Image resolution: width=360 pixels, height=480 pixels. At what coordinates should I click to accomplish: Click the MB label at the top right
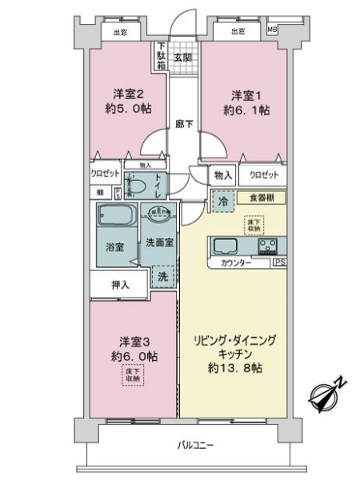point(271,31)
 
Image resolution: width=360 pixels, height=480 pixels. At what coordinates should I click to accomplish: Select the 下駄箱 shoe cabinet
point(162,58)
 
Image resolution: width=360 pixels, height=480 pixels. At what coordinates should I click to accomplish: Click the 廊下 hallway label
point(183,124)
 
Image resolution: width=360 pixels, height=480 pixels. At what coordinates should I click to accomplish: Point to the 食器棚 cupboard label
point(261,197)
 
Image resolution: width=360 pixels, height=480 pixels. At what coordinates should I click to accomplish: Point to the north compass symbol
point(327,393)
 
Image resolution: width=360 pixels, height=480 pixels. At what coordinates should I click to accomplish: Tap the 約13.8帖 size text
point(236,368)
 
